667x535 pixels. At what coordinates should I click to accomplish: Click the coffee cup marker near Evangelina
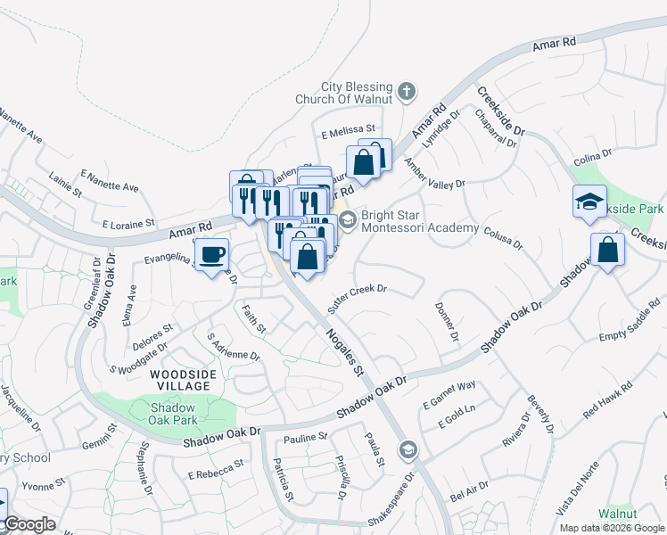(x=211, y=255)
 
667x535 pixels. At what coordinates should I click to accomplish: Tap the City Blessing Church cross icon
(x=407, y=90)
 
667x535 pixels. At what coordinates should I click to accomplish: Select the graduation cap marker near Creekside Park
(x=589, y=202)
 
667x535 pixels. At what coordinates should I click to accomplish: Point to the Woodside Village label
(x=180, y=380)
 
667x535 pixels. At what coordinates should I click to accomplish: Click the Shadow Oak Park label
(x=168, y=413)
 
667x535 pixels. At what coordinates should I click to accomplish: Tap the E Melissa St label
(x=349, y=132)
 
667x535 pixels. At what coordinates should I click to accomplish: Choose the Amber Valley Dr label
(x=434, y=174)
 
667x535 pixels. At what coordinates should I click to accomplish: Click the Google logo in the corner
(x=30, y=524)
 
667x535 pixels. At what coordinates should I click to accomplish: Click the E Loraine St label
(x=129, y=223)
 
